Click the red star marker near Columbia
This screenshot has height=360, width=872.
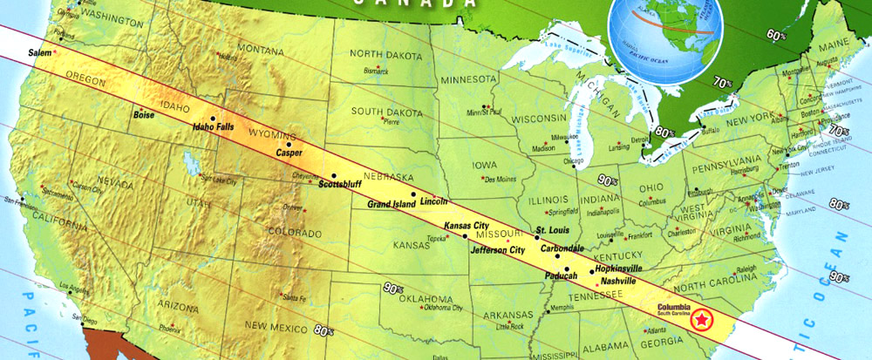(x=699, y=321)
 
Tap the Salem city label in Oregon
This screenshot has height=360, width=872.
(x=41, y=54)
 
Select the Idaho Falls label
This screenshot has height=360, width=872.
(x=214, y=127)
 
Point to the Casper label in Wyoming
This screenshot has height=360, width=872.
(x=289, y=153)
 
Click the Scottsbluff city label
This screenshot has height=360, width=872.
(x=338, y=185)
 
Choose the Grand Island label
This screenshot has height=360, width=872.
(x=391, y=205)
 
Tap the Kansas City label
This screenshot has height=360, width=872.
(x=467, y=226)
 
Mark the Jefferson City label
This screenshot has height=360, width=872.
(x=497, y=250)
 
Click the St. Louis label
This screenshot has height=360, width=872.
(x=552, y=230)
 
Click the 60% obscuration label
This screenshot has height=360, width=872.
(x=775, y=35)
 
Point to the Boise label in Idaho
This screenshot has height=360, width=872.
(x=145, y=114)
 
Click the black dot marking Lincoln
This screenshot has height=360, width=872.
(x=413, y=194)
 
